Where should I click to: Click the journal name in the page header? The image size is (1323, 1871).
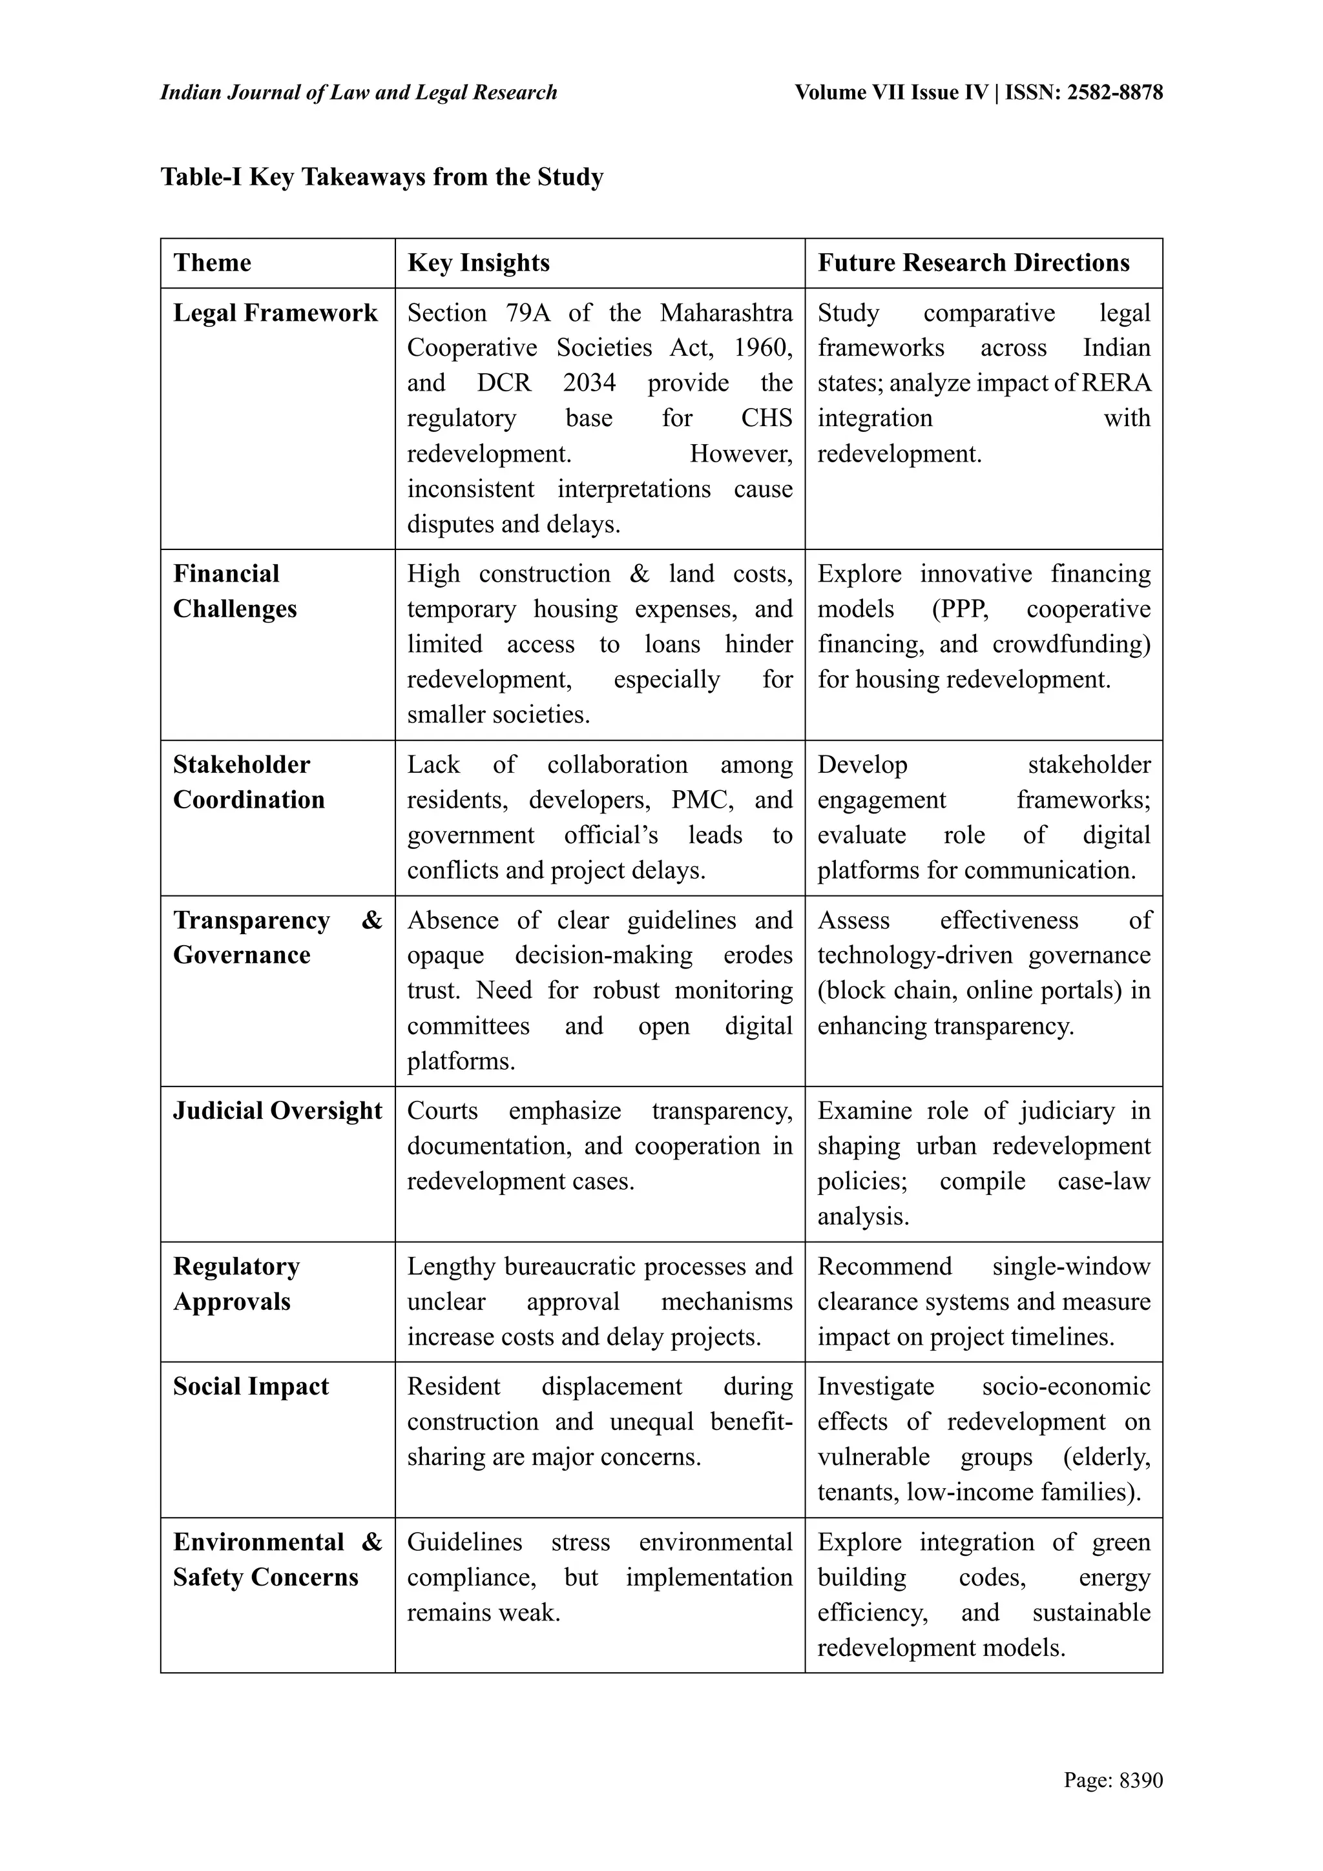(x=359, y=92)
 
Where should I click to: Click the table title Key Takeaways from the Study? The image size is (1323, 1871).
(x=382, y=177)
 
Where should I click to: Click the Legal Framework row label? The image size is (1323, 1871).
(x=276, y=313)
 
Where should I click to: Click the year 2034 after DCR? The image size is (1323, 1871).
(x=589, y=383)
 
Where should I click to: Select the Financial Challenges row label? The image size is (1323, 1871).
(x=234, y=591)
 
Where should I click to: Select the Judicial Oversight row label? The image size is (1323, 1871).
(x=277, y=1110)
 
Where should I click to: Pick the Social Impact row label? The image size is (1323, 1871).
(x=251, y=1386)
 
